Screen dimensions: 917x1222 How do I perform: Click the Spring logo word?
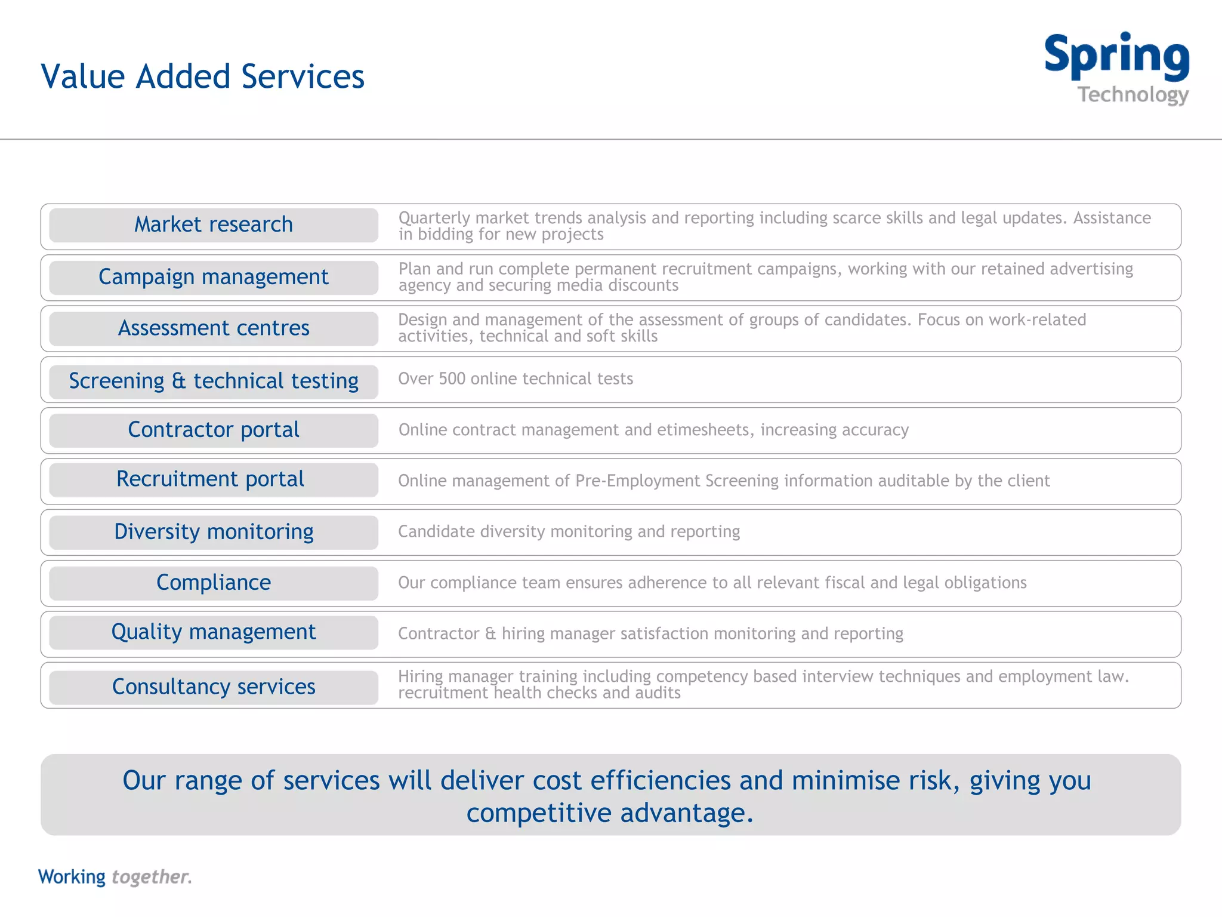[x=1116, y=56]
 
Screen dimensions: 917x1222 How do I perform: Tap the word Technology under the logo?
[x=1132, y=95]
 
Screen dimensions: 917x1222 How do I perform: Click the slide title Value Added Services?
[x=202, y=76]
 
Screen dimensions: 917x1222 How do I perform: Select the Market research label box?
[x=214, y=225]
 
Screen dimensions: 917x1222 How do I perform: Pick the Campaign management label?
[x=214, y=277]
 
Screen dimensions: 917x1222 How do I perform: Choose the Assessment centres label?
[x=214, y=328]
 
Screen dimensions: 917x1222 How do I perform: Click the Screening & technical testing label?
[x=214, y=381]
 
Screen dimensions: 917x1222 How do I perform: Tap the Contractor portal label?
[x=214, y=430]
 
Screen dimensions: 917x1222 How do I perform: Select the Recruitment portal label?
[x=210, y=479]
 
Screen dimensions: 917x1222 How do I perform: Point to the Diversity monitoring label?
[x=214, y=532]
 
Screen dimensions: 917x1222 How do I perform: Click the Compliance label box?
[x=214, y=583]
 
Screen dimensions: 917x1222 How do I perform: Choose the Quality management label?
[x=214, y=632]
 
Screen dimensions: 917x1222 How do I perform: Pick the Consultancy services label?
[x=214, y=687]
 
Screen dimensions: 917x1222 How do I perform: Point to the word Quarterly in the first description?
[x=434, y=219]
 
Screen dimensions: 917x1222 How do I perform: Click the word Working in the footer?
[x=72, y=877]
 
